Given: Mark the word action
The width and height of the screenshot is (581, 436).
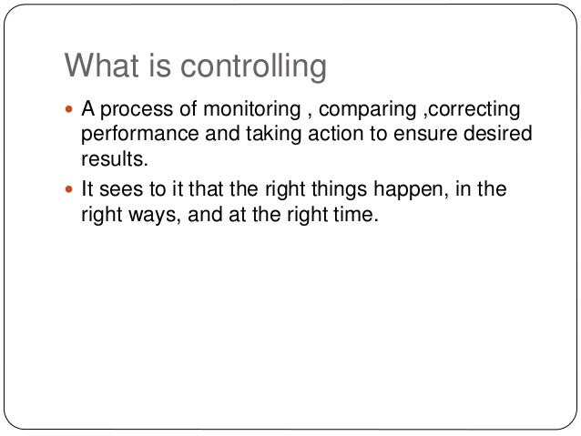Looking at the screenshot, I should click(313, 136).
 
